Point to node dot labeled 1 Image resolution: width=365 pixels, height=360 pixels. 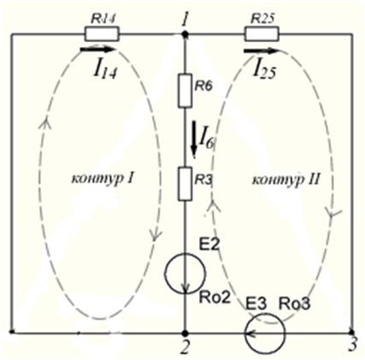coord(185,34)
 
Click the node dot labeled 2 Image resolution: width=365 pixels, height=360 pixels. coord(185,333)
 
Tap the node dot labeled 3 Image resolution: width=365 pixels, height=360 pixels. coord(352,332)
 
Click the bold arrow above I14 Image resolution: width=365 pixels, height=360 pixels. coord(97,50)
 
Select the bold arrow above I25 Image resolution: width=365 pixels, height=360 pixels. coord(261,51)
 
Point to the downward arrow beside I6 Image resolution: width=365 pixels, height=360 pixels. coord(194,139)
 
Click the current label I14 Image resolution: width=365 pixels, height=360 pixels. coord(105,69)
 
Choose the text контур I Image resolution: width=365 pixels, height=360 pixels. coord(102,180)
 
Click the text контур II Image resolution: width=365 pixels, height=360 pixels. coord(286,180)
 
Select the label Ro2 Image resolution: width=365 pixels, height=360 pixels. coord(215,298)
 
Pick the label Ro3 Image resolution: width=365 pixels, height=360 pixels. coord(294,304)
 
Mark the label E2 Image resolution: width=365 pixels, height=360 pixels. coord(209,245)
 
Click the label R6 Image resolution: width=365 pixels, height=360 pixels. coord(203,86)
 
